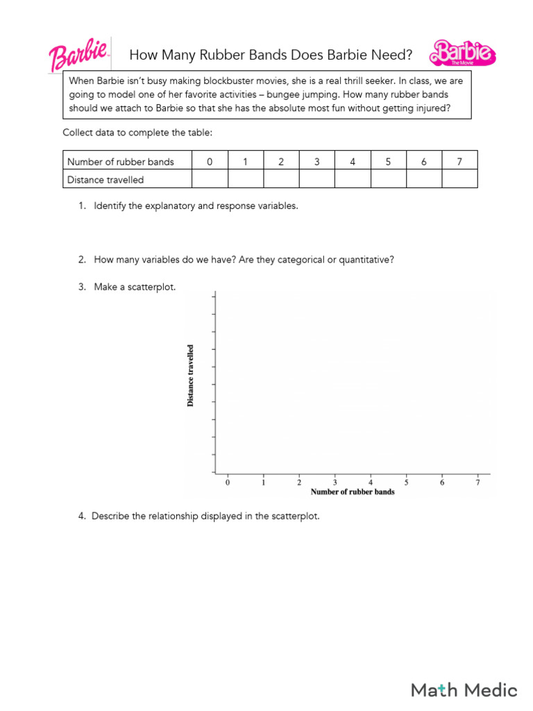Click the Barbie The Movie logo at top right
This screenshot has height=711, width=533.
[x=462, y=53]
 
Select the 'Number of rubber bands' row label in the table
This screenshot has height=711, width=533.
[x=120, y=162]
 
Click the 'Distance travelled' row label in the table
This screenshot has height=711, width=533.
[x=105, y=180]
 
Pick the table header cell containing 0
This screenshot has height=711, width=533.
[x=210, y=162]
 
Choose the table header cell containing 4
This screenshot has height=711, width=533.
[x=353, y=162]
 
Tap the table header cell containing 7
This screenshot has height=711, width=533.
[x=459, y=162]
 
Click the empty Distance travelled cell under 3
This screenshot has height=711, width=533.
[x=316, y=180]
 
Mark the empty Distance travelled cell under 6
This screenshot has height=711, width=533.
[x=424, y=180]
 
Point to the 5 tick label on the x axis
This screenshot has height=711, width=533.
[x=406, y=482]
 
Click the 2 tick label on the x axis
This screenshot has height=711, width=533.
[x=299, y=482]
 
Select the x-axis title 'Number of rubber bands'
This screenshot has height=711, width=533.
[x=353, y=492]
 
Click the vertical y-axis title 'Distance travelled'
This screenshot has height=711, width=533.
[x=191, y=376]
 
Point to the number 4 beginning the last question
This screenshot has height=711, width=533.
[x=81, y=516]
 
